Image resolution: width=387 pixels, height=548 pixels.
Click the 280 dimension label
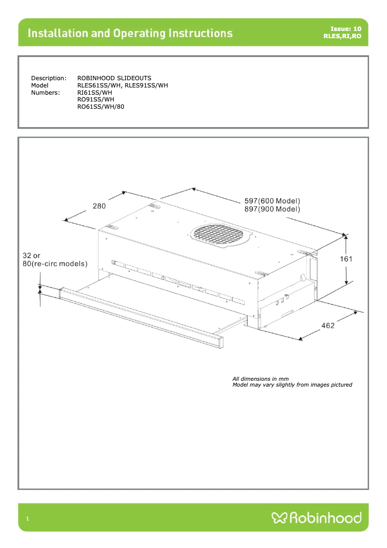click(99, 206)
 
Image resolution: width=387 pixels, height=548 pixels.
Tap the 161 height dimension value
click(346, 259)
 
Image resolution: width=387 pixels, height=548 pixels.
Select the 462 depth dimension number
click(328, 326)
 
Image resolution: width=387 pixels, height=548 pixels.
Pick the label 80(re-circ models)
click(55, 264)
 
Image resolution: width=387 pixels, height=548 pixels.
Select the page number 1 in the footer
click(28, 519)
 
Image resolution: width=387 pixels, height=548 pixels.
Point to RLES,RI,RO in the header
click(342, 36)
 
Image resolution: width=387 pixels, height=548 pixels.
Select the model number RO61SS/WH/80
click(101, 106)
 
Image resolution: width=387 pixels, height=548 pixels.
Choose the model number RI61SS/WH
click(95, 92)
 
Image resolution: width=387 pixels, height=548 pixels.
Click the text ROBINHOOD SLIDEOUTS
click(114, 78)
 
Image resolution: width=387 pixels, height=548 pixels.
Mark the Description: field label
click(48, 78)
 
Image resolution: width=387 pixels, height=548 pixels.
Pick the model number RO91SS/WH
click(96, 100)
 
